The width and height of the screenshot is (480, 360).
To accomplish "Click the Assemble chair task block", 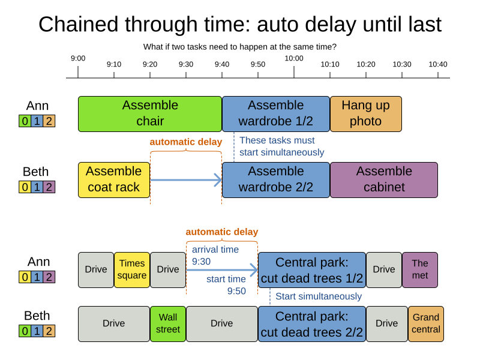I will pos(150,113).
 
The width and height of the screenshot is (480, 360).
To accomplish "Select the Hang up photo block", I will pos(365,113).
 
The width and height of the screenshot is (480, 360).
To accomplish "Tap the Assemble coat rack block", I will pos(114,179).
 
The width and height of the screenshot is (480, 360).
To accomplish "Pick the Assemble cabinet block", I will pos(384,179).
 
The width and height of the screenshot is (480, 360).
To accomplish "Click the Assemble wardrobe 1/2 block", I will pos(276,113).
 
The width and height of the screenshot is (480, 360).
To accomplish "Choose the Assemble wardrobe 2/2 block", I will pos(276,179).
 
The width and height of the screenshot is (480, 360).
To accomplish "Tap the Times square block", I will pos(132,269).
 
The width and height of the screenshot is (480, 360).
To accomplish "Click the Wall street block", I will pos(168,323).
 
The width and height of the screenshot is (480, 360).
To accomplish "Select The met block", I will pos(420,269).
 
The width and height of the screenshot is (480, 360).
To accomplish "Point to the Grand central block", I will pos(426,323).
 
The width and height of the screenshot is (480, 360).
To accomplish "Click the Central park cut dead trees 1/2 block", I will pos(312,270).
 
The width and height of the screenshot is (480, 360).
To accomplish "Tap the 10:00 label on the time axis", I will pos(294,58).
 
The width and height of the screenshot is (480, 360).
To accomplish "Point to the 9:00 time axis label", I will pos(78,58).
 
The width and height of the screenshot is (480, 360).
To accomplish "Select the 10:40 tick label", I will pos(438,64).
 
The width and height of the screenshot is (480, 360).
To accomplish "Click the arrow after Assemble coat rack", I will pos(186,179).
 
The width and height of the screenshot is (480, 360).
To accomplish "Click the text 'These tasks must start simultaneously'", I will pos(281,146).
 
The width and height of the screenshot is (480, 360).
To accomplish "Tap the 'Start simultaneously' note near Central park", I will pos(319,296).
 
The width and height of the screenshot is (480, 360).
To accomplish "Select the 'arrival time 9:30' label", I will pos(215,256).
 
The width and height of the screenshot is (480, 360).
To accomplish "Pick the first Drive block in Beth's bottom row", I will pos(114,323).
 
